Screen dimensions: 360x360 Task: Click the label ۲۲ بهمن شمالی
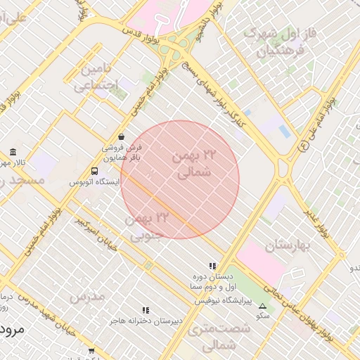tap(191, 163)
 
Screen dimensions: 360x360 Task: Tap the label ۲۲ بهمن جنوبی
tap(148, 227)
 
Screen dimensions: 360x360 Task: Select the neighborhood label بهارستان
tap(288, 247)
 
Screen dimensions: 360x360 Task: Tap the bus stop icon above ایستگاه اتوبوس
tap(94, 171)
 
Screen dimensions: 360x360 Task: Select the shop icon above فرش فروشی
tap(122, 136)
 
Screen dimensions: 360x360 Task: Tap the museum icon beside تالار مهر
tap(13, 153)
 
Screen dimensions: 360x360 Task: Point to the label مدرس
tap(86, 297)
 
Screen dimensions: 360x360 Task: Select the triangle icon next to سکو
tap(263, 306)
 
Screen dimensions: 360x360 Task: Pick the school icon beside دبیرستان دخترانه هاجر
tap(146, 309)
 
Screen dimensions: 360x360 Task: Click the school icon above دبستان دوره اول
tap(212, 265)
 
